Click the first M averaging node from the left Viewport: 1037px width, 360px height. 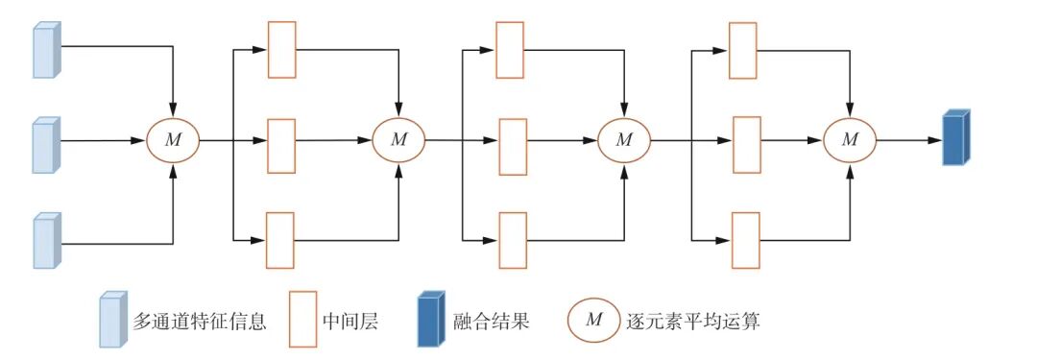(173, 140)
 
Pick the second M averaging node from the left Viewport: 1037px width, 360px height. (398, 140)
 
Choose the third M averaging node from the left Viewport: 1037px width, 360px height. (625, 140)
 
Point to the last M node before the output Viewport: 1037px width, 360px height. (850, 140)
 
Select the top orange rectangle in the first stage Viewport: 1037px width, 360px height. (279, 48)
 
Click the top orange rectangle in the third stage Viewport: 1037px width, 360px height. (742, 50)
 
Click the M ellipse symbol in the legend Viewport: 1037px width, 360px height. (594, 320)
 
